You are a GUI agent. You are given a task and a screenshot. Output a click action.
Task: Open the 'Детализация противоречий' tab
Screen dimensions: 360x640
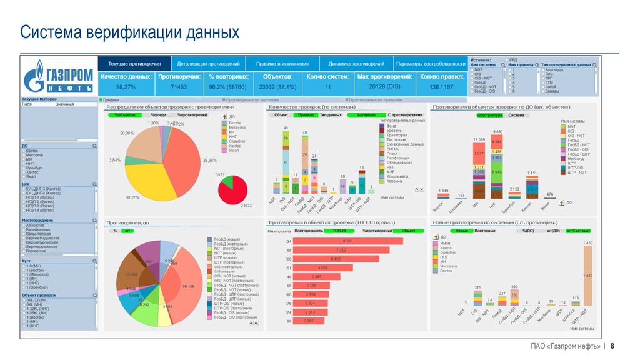(208, 64)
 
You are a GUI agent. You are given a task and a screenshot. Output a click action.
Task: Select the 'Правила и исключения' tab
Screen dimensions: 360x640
(282, 64)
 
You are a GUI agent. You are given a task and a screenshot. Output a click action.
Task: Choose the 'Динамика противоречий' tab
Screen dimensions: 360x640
(356, 64)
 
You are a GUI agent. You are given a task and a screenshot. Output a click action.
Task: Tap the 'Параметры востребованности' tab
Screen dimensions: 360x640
(431, 64)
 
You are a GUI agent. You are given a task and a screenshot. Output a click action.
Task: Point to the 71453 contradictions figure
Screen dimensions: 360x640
(179, 87)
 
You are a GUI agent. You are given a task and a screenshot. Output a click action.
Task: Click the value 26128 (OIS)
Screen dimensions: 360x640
(384, 86)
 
